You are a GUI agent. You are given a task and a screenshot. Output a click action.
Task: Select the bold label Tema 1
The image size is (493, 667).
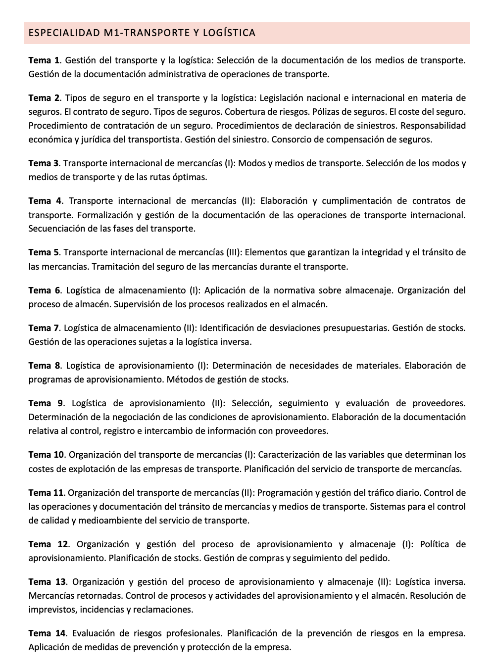(x=44, y=60)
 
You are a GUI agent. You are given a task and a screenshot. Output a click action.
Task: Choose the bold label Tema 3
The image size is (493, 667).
(x=44, y=163)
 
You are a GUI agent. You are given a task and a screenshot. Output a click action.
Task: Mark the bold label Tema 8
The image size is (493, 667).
(x=44, y=366)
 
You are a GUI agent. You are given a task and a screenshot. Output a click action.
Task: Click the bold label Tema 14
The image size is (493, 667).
(x=47, y=633)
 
